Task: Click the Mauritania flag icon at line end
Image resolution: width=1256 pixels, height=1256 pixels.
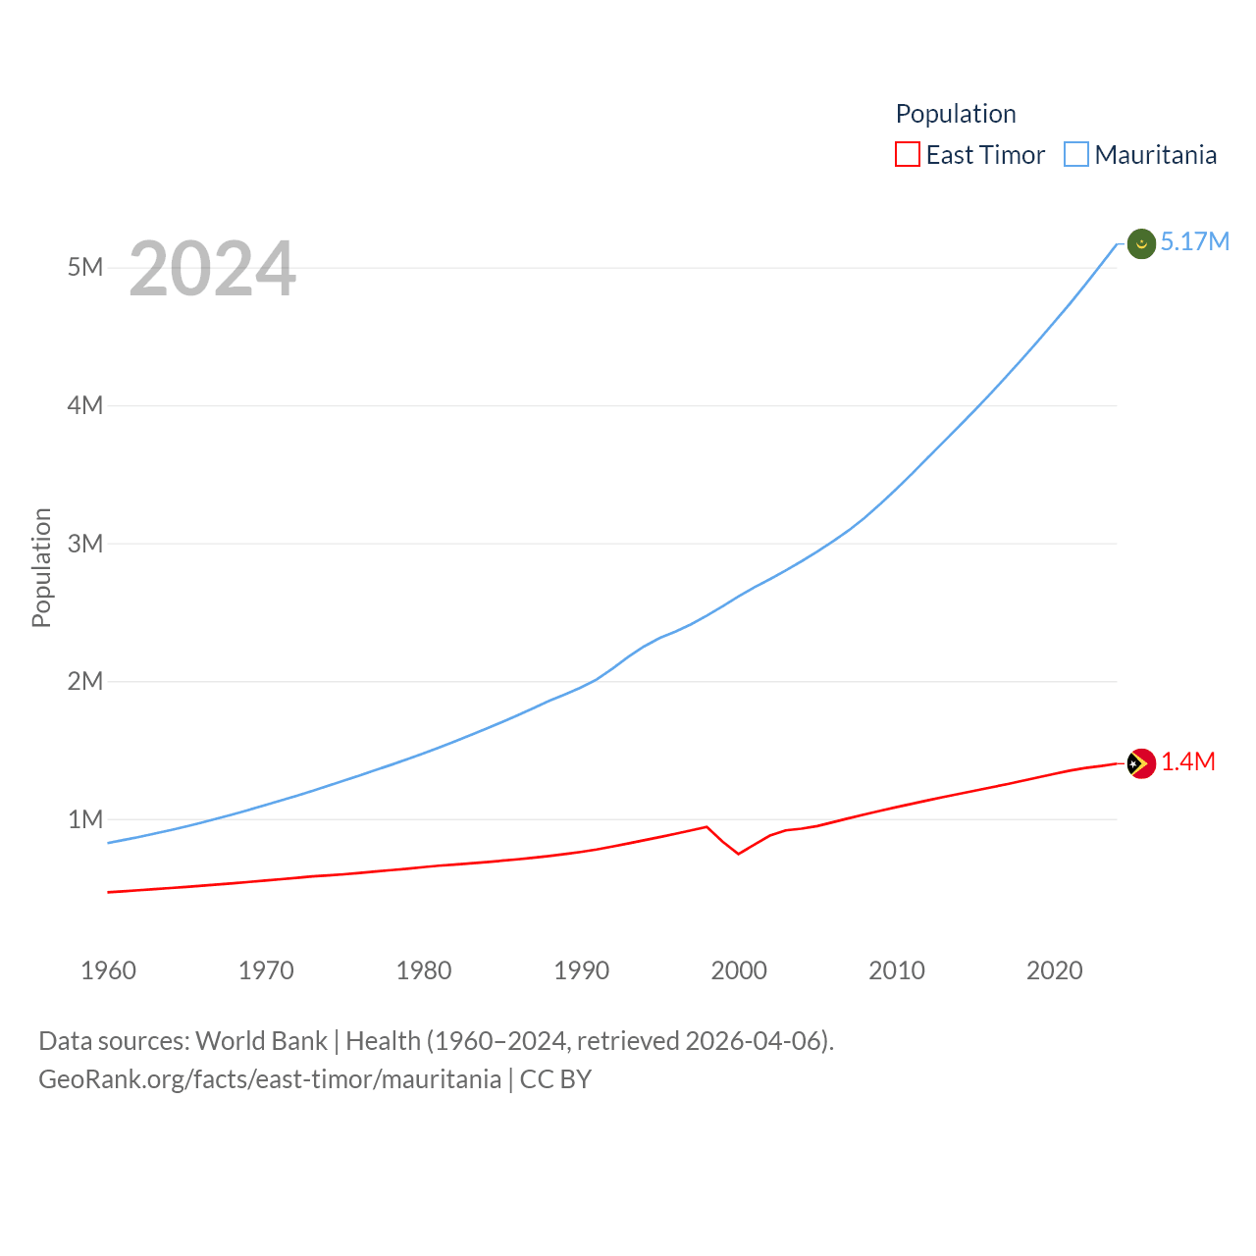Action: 1141,243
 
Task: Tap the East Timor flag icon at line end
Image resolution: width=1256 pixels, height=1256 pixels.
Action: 1141,763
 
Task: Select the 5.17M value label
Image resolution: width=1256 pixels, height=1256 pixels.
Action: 1194,242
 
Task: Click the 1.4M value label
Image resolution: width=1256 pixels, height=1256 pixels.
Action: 1188,762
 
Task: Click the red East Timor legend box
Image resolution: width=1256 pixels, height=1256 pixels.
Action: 908,155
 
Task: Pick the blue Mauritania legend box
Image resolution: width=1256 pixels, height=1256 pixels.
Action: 1076,155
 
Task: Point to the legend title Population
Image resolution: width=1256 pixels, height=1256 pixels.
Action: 956,114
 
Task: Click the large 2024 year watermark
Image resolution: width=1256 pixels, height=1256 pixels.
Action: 212,269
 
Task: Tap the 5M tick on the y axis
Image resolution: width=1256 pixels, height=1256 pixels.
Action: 85,268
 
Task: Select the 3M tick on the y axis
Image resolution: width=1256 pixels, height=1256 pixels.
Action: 85,544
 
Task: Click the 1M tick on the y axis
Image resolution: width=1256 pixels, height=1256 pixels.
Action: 85,819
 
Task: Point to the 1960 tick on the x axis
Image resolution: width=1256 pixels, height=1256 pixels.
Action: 108,970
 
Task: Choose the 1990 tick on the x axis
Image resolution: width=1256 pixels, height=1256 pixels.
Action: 581,970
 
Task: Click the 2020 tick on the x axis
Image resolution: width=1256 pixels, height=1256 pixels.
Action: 1054,970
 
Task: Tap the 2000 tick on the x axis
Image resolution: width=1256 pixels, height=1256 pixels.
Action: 739,970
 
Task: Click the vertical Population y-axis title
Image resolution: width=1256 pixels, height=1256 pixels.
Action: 41,567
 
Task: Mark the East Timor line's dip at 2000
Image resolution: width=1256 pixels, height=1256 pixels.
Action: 739,854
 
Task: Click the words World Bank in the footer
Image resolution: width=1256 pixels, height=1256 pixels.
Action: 261,1041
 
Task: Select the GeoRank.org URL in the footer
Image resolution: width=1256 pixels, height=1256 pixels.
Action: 270,1079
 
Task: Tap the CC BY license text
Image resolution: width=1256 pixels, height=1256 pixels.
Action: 555,1079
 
